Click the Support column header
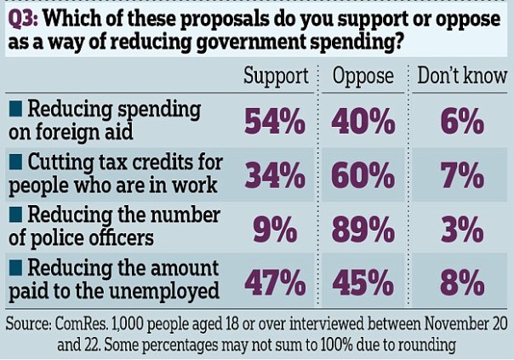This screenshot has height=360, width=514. tap(275, 76)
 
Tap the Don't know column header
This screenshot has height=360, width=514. tap(461, 76)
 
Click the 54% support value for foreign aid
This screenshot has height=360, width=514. tap(275, 123)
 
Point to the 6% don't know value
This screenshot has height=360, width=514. tap(462, 123)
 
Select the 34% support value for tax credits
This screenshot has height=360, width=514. tap(275, 175)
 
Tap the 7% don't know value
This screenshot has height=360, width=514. tap(462, 175)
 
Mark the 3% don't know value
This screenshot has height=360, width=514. tap(462, 228)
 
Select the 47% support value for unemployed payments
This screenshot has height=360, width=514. tap(275, 282)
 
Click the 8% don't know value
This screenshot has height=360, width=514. tap(462, 282)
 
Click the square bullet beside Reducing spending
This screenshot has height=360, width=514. tap(15, 110)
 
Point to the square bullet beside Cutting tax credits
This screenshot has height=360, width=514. tap(15, 162)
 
